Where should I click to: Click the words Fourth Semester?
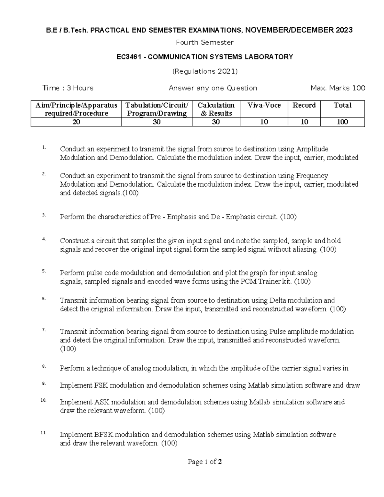click(205, 43)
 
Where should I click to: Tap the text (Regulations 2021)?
click(205, 71)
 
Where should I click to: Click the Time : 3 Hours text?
click(68, 88)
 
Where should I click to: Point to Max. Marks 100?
click(338, 88)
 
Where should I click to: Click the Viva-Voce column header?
click(264, 105)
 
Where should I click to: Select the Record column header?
click(304, 105)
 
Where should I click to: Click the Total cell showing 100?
click(342, 122)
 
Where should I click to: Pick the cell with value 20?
click(76, 122)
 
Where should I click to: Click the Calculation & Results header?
click(216, 109)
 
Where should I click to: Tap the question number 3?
click(44, 215)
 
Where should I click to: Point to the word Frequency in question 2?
click(312, 176)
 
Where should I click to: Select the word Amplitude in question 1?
click(312, 149)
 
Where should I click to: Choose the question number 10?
click(44, 400)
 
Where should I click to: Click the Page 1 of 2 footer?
click(205, 462)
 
